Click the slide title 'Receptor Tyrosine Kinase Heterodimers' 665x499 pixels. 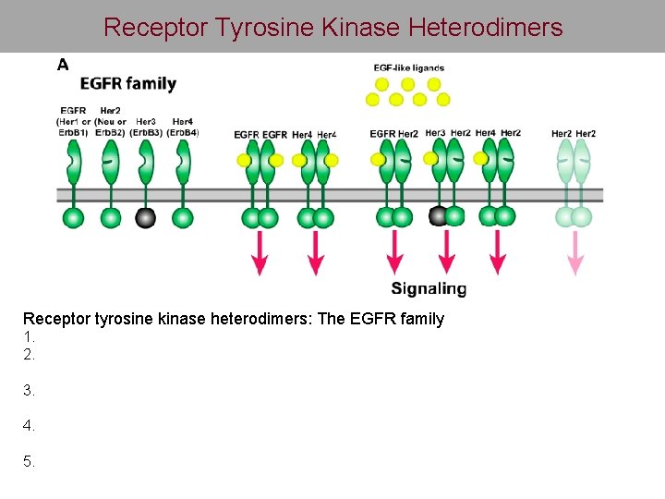332,28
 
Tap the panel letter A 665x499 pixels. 63,65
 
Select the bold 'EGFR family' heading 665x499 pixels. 127,84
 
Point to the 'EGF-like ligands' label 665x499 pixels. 408,67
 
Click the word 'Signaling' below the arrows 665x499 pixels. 429,288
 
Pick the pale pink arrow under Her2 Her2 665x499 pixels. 575,253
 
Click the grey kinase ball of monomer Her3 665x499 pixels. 145,217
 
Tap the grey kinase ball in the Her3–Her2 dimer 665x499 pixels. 439,216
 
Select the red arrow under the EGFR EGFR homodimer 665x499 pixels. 260,253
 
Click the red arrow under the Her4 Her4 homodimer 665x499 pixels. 315,253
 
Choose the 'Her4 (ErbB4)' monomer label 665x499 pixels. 183,127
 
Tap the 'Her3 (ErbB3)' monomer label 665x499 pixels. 146,127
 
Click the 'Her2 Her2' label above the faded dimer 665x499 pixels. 574,134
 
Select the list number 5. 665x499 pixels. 29,461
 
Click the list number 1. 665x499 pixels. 29,336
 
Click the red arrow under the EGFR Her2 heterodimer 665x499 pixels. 394,253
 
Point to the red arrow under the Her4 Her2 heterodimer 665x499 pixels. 498,253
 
